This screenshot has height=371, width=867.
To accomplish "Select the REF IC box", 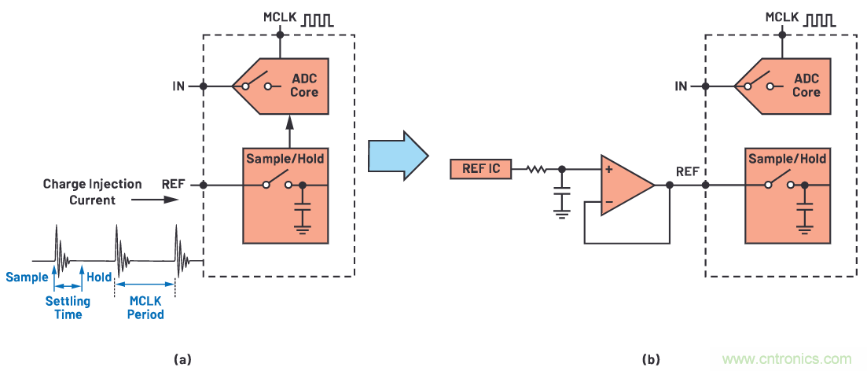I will pos(480,168).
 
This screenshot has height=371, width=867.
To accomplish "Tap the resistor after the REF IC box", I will pos(536,168).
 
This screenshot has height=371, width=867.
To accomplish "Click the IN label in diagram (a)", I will pos(178,86).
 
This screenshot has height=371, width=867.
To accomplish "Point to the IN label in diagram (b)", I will pos(680,86).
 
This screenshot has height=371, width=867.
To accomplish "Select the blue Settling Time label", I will pos(67,307).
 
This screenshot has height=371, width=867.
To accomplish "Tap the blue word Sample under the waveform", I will pos(26,277).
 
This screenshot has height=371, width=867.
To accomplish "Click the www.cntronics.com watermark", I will pos(786,358).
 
